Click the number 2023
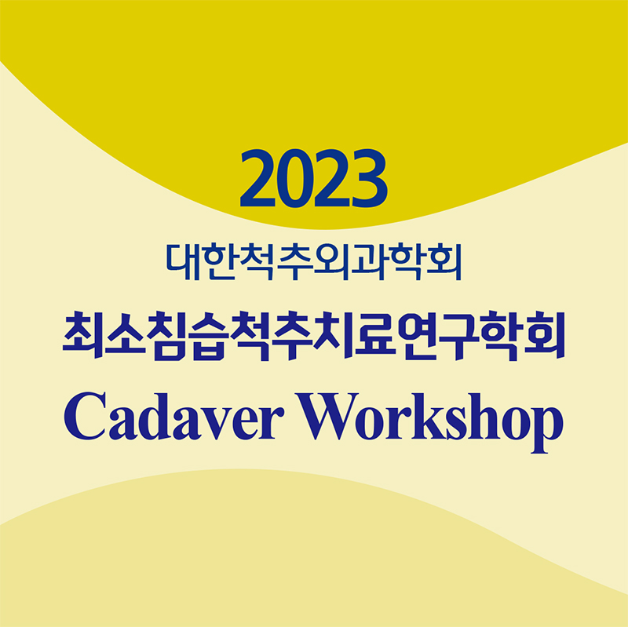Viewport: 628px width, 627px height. pyautogui.click(x=313, y=178)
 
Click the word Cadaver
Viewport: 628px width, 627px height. pyautogui.click(x=174, y=417)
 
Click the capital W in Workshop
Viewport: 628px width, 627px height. pyautogui.click(x=327, y=417)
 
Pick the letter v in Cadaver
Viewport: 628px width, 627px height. pyautogui.click(x=217, y=424)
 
